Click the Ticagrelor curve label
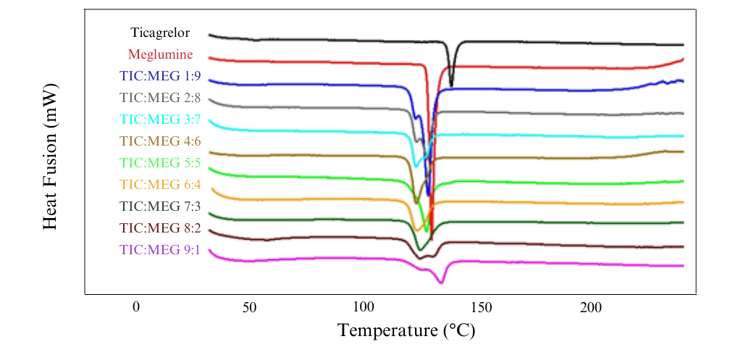(x=160, y=33)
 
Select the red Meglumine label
(x=160, y=54)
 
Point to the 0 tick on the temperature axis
(x=136, y=306)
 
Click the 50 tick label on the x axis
(x=250, y=306)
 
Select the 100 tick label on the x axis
(x=364, y=306)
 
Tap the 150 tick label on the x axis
(x=477, y=306)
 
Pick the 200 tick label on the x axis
(x=591, y=306)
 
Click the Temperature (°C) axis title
(x=407, y=331)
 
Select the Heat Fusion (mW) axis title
(x=50, y=156)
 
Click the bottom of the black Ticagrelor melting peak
(x=451, y=85)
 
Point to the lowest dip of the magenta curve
(x=441, y=282)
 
